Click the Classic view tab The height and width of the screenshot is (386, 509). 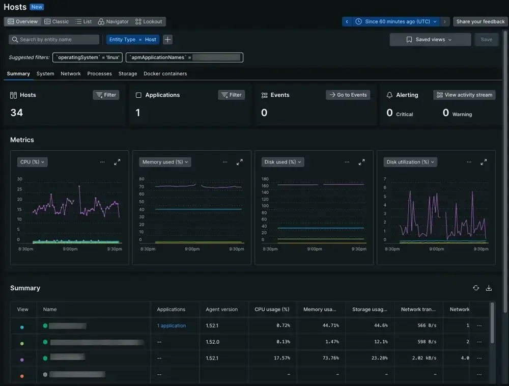(56, 22)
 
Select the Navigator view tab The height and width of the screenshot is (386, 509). (114, 22)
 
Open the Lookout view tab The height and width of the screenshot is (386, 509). (149, 22)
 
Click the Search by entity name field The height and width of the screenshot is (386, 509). (54, 40)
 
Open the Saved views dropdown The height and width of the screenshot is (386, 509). (430, 40)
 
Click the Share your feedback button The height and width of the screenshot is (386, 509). (480, 22)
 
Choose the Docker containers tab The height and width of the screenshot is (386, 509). (165, 74)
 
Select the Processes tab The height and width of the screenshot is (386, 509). (99, 74)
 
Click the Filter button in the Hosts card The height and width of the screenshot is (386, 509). (106, 95)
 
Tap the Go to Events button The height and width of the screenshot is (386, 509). (348, 95)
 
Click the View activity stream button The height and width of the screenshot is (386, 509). (464, 95)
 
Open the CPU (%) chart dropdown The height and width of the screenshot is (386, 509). (32, 162)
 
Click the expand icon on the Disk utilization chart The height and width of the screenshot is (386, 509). (484, 162)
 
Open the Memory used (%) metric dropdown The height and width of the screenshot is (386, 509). (164, 162)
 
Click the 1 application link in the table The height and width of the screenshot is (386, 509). (171, 326)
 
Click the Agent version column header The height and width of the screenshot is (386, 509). (221, 309)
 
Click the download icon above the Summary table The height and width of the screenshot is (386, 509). (489, 288)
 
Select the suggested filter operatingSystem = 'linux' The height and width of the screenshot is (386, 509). (88, 58)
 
